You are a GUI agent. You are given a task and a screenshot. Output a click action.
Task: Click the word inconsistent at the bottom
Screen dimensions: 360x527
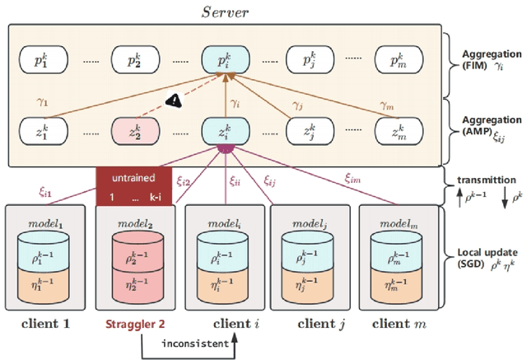[x=194, y=344]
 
